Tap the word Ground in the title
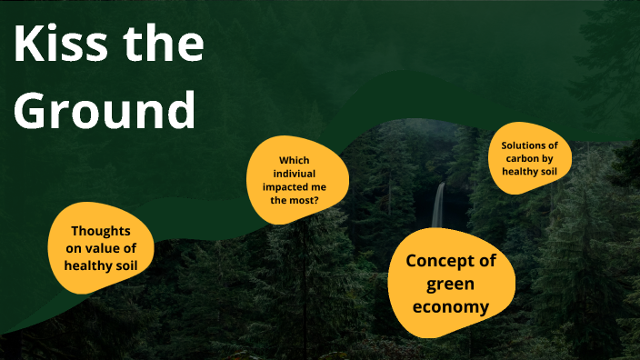pyautogui.click(x=105, y=110)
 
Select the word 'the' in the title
pyautogui.click(x=165, y=45)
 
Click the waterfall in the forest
pyautogui.click(x=439, y=205)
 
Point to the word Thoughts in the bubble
pyautogui.click(x=101, y=231)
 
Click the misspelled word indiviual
pyautogui.click(x=298, y=173)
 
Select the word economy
pyautogui.click(x=451, y=306)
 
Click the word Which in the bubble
pyautogui.click(x=298, y=160)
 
